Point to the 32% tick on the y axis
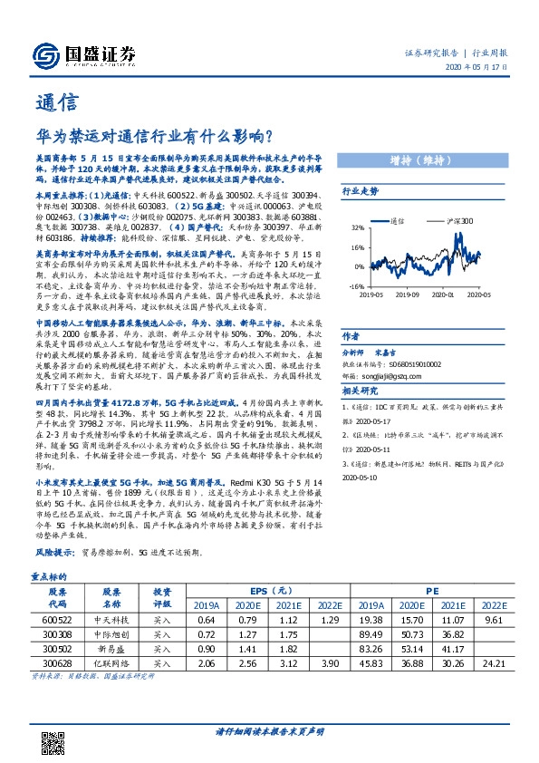coord(359,229)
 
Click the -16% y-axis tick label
coord(358,285)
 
